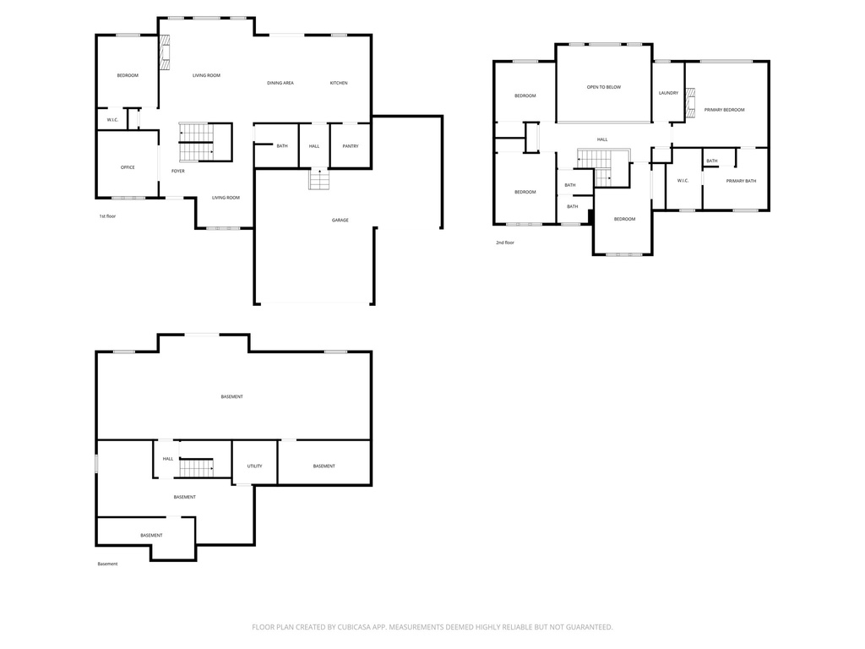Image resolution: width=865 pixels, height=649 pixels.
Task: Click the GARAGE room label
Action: [x=340, y=220]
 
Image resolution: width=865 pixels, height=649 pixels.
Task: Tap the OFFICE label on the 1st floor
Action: [x=128, y=167]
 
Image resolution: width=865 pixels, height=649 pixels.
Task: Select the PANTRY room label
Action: [x=350, y=146]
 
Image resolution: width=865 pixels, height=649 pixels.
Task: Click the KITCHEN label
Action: [x=339, y=83]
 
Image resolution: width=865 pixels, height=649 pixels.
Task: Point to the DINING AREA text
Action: [x=280, y=83]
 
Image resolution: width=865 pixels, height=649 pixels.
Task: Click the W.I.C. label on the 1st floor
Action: [x=112, y=120]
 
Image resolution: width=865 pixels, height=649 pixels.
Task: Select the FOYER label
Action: [x=178, y=172]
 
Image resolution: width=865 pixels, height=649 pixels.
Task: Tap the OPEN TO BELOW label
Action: [x=604, y=87]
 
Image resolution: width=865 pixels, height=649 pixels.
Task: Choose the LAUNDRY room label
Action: [x=668, y=93]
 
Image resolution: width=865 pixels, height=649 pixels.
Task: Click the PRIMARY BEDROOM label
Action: [x=725, y=110]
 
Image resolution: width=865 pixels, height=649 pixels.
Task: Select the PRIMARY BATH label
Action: [x=741, y=181]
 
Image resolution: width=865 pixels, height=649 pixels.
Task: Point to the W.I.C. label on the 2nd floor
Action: [x=683, y=180]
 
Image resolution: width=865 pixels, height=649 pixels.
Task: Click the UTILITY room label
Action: [x=254, y=466]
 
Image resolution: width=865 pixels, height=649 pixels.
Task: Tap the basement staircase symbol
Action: [x=195, y=466]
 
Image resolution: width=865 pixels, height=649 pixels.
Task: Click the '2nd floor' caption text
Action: [x=505, y=243]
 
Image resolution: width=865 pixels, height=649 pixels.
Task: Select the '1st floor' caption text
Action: [x=107, y=216]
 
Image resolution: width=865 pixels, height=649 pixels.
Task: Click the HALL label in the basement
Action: [x=168, y=459]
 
